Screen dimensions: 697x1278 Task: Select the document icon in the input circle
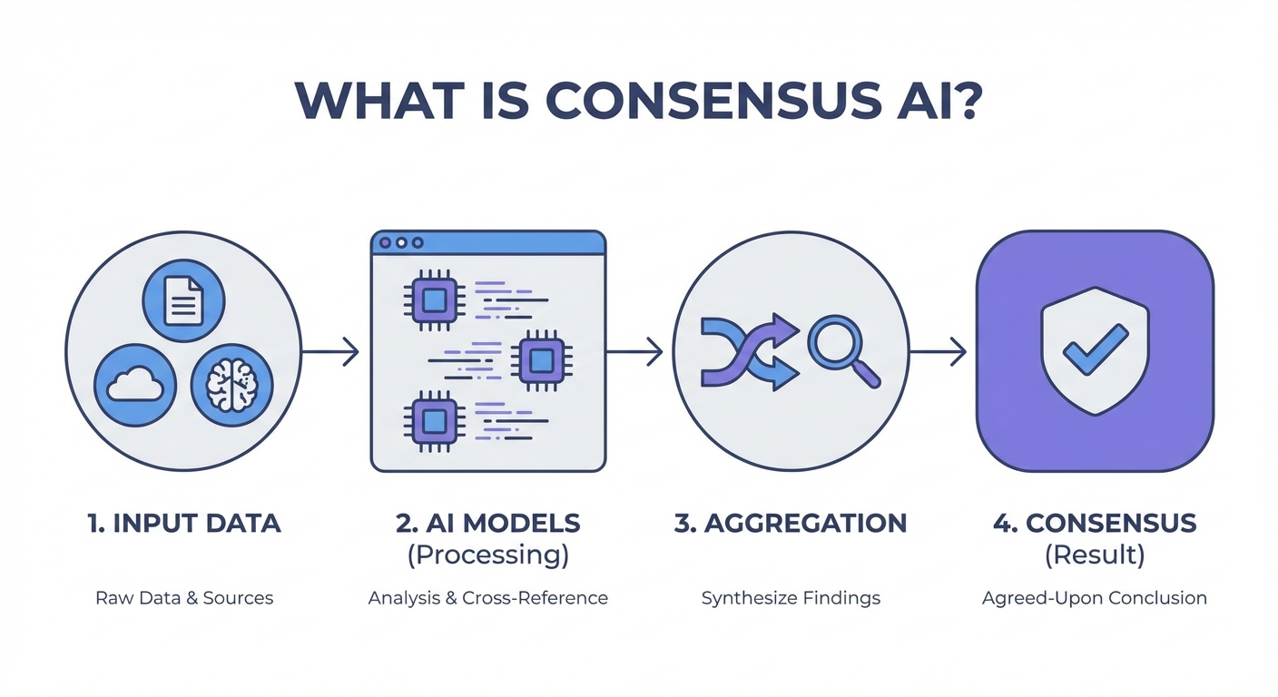click(183, 300)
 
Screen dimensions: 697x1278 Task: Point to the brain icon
click(231, 385)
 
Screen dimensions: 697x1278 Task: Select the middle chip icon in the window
click(540, 361)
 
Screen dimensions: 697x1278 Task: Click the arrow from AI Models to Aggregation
click(635, 352)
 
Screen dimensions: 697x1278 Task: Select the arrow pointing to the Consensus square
click(939, 352)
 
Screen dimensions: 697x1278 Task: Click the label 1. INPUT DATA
click(184, 524)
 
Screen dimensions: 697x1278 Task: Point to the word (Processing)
click(487, 555)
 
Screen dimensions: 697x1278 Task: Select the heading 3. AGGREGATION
click(791, 524)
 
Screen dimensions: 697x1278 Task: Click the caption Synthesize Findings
click(791, 598)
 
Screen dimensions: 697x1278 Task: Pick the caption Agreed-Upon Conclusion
click(1094, 598)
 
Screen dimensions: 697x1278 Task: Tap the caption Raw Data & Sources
click(184, 598)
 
